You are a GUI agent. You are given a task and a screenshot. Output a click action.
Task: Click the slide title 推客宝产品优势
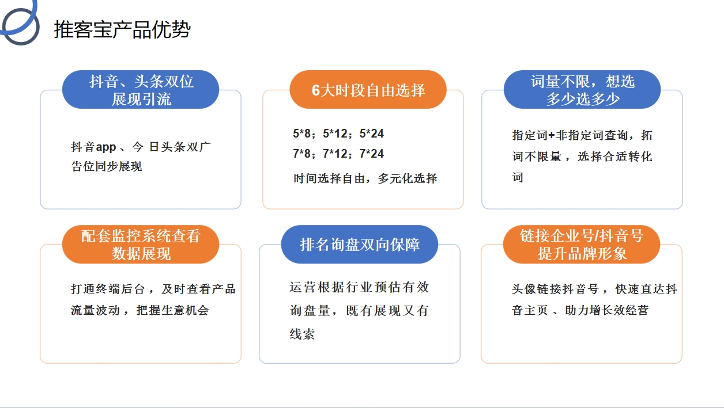(122, 29)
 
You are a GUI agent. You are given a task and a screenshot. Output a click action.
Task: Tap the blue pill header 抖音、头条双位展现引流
(141, 89)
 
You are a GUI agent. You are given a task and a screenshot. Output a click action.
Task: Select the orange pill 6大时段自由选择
(368, 89)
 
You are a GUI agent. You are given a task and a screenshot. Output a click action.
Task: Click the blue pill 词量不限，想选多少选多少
(582, 89)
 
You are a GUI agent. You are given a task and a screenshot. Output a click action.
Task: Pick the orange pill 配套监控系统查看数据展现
(141, 245)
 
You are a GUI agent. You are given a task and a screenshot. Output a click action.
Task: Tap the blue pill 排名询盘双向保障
(360, 245)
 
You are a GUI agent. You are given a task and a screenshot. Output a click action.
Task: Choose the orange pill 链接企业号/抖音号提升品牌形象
(582, 245)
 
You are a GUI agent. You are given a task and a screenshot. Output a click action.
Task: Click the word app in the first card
(106, 147)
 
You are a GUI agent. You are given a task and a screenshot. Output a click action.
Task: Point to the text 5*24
(372, 134)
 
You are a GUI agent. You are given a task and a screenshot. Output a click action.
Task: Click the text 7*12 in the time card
(335, 154)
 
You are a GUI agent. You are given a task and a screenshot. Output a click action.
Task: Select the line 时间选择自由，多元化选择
(365, 178)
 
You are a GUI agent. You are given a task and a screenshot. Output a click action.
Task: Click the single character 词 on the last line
(518, 177)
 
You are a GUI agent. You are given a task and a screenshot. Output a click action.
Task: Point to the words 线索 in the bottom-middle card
(302, 334)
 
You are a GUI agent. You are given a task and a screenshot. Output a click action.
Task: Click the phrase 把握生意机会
(172, 310)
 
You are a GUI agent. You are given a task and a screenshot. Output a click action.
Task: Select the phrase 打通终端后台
(107, 289)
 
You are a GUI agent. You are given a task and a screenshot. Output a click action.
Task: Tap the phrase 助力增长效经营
(606, 310)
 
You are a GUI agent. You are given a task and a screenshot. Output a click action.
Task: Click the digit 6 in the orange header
(316, 90)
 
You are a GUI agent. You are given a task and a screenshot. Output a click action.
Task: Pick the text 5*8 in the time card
(301, 134)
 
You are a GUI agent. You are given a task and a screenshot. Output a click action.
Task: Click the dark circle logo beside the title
(21, 26)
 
